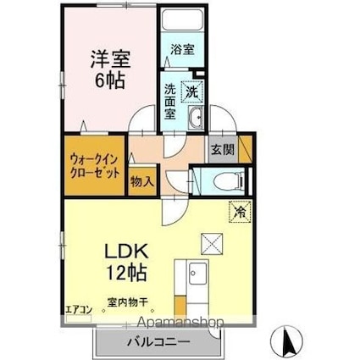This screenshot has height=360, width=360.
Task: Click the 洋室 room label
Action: coord(109,60)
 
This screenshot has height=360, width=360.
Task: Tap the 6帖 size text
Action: coord(109,83)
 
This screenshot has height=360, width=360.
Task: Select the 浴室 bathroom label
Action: coord(181,49)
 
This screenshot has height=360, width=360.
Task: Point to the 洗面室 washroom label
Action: coord(170,101)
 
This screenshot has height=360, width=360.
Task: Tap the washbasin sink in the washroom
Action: coord(196,118)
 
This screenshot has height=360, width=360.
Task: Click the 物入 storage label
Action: coord(141,180)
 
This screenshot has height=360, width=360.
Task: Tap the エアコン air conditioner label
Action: coord(77,309)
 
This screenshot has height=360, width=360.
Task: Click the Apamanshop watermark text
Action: coord(175,322)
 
